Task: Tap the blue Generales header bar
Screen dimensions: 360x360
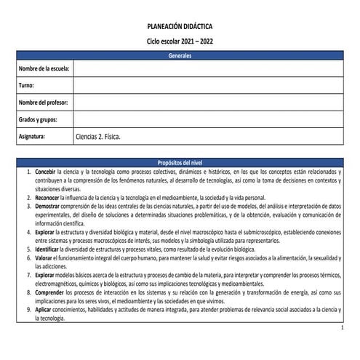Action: (180, 56)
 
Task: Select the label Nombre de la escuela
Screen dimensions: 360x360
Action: (44, 69)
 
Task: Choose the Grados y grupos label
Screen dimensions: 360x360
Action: (39, 119)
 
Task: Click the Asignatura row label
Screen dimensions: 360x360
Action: (33, 136)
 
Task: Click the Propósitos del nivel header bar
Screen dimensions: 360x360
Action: (180, 161)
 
